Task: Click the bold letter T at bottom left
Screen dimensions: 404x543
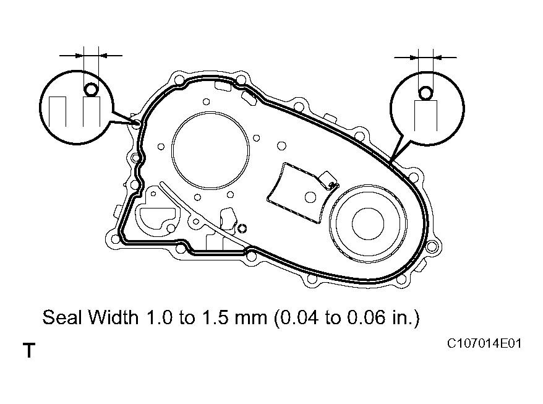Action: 28,351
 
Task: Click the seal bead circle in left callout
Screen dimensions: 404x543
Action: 91,90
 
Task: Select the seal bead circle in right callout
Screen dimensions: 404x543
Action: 425,93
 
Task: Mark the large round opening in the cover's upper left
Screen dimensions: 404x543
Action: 211,149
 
